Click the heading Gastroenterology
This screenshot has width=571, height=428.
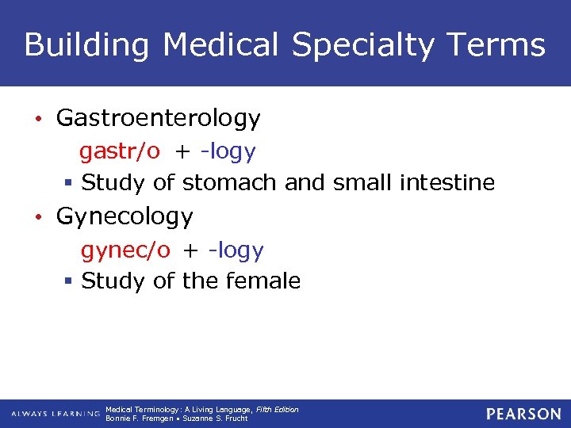tap(158, 119)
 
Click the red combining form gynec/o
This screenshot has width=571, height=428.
tap(125, 250)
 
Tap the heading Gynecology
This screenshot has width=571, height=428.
tap(125, 217)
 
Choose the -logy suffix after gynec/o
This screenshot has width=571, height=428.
tap(235, 250)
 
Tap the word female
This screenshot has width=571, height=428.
tap(263, 281)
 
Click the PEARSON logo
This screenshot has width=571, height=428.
tap(523, 414)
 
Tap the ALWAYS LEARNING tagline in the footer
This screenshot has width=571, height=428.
tap(56, 414)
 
